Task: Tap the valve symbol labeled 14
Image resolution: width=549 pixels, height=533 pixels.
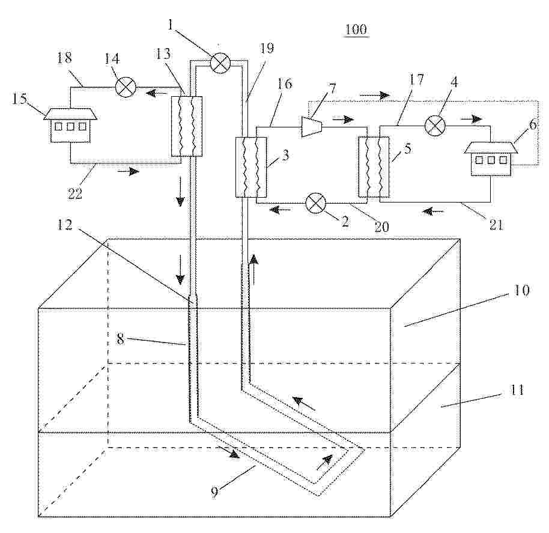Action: [126, 87]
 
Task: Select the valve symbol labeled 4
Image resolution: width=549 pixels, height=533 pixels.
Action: [435, 126]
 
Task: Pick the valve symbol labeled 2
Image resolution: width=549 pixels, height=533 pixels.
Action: [316, 203]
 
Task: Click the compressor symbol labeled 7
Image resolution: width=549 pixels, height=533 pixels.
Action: [312, 126]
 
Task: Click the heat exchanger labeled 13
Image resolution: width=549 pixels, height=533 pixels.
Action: [187, 126]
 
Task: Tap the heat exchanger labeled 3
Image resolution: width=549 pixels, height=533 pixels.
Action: [250, 166]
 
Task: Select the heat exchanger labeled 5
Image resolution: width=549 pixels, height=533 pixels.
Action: [374, 166]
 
